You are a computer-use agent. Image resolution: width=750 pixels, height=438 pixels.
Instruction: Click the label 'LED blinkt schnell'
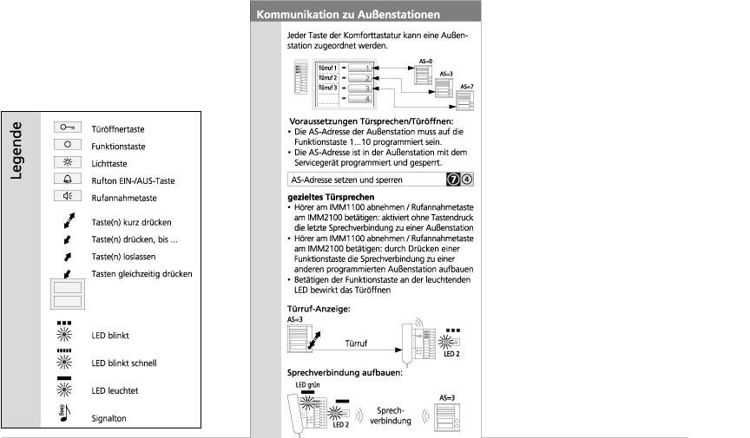point(123,363)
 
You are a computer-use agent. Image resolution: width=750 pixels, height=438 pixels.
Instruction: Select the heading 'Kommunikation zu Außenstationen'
point(347,15)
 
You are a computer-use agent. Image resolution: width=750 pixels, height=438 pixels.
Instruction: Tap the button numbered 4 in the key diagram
point(367,99)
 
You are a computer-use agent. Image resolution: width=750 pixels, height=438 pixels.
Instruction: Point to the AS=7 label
point(466,88)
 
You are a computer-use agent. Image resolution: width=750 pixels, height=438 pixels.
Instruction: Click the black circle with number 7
point(453,180)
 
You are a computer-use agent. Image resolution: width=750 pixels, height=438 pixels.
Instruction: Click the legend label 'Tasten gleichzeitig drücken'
point(141,274)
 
